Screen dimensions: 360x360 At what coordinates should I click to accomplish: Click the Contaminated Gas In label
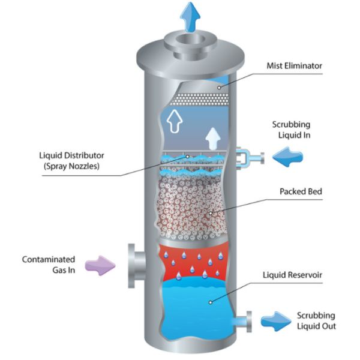(x=49, y=265)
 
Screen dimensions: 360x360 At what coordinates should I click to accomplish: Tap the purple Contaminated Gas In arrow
(x=100, y=264)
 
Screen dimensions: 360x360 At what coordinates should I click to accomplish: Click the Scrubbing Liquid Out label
(x=316, y=321)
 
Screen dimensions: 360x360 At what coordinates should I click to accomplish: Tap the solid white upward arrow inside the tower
(x=212, y=139)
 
